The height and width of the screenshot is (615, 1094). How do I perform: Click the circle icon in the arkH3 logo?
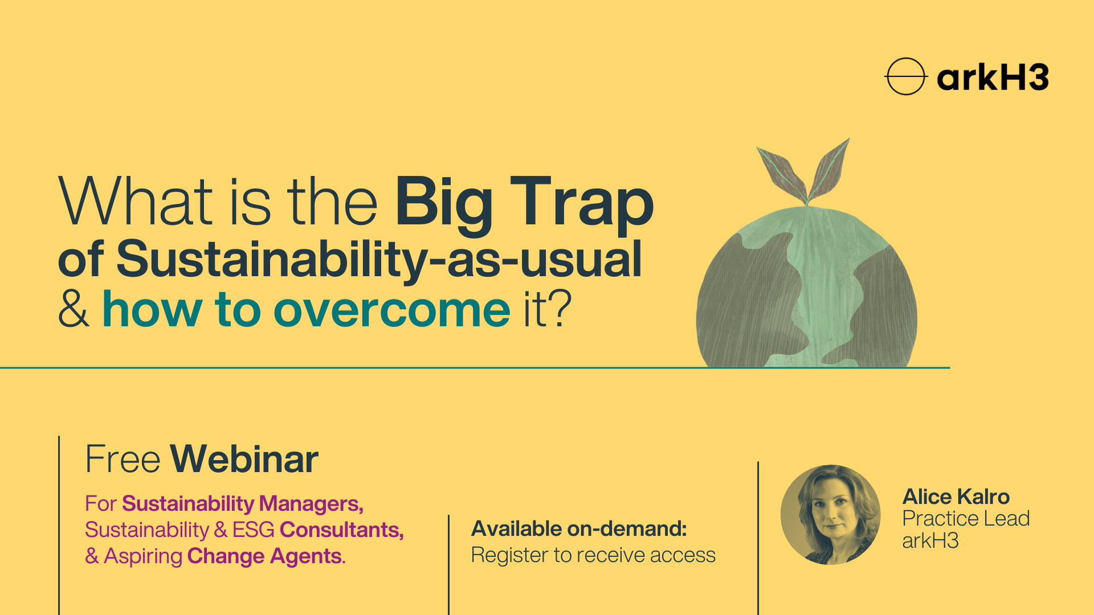(905, 76)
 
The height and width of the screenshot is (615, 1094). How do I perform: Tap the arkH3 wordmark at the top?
(993, 78)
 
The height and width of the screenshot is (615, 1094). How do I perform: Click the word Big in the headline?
(443, 203)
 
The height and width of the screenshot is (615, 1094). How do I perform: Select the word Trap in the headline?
(581, 203)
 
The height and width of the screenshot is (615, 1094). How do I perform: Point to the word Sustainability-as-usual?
(379, 260)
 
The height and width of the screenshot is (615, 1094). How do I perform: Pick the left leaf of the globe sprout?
(781, 174)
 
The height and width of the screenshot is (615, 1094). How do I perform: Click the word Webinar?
(244, 459)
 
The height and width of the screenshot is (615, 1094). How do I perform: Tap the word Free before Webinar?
(123, 459)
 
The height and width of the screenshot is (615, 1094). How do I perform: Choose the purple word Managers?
(311, 504)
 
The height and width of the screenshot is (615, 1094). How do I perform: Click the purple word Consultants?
(341, 530)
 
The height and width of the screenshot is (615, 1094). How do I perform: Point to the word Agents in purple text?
(307, 556)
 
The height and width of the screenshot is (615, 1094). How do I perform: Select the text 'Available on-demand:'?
(579, 529)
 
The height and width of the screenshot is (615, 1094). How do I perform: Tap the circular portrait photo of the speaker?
(830, 515)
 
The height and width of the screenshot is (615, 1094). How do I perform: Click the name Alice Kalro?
(956, 497)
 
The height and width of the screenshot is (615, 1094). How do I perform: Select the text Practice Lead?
(966, 519)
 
